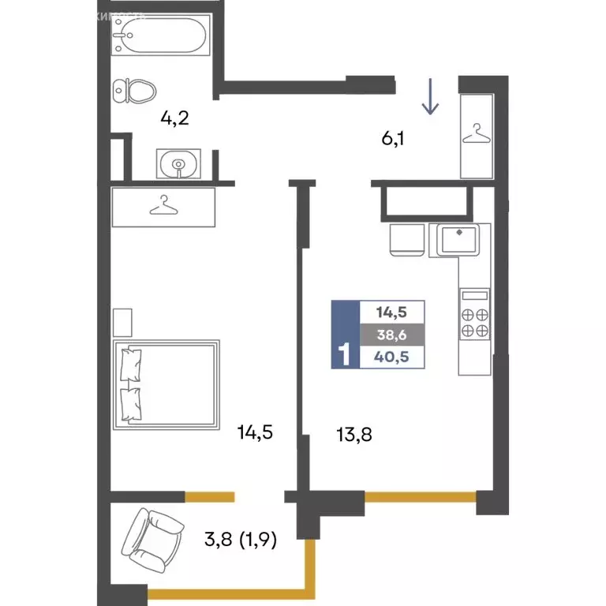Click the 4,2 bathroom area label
[175, 119]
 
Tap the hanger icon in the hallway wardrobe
[476, 134]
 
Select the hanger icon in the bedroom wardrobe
[163, 206]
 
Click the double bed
[166, 385]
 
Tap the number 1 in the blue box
[344, 355]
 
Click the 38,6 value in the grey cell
[392, 334]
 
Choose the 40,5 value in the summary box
[392, 357]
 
